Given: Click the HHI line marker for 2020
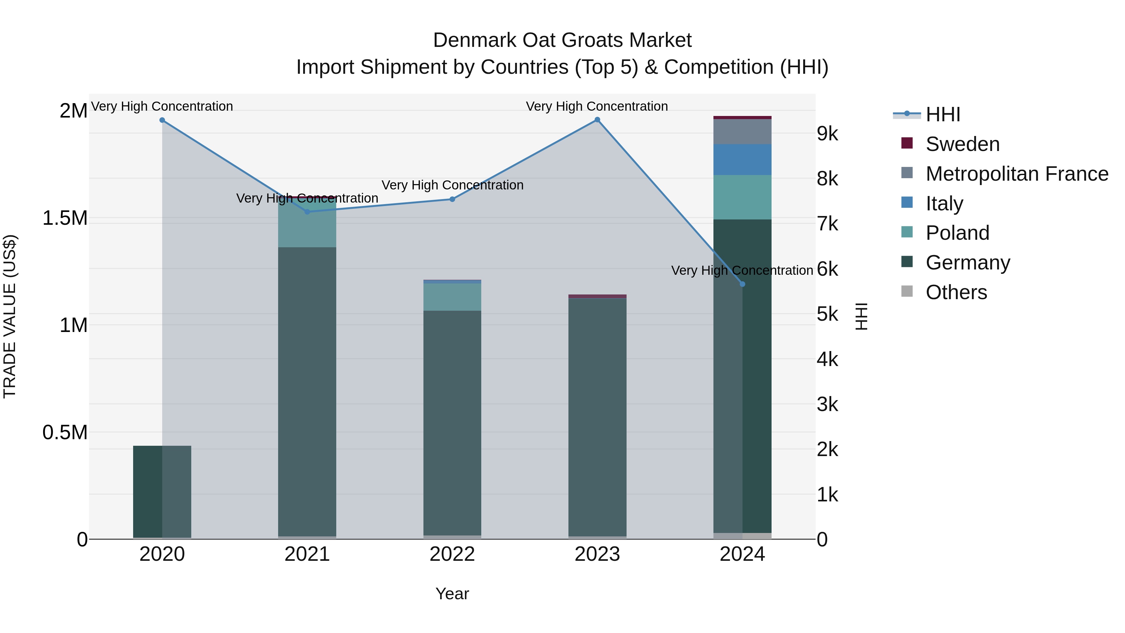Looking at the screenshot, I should click(162, 120).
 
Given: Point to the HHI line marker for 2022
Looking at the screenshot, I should click(452, 199).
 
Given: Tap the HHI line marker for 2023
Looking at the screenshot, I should click(597, 120).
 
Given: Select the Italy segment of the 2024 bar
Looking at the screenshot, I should click(742, 159).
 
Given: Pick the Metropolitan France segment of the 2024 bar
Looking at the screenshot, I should click(742, 132).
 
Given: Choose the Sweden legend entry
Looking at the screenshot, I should click(962, 144).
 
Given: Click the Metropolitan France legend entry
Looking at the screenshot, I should click(1017, 174).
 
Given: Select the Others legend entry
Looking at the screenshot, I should click(956, 292).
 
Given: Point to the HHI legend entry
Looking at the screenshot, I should click(942, 114).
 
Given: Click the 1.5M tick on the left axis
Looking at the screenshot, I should click(65, 218).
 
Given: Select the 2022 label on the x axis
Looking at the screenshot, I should click(452, 554).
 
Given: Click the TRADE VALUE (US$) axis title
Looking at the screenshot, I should click(10, 316).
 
